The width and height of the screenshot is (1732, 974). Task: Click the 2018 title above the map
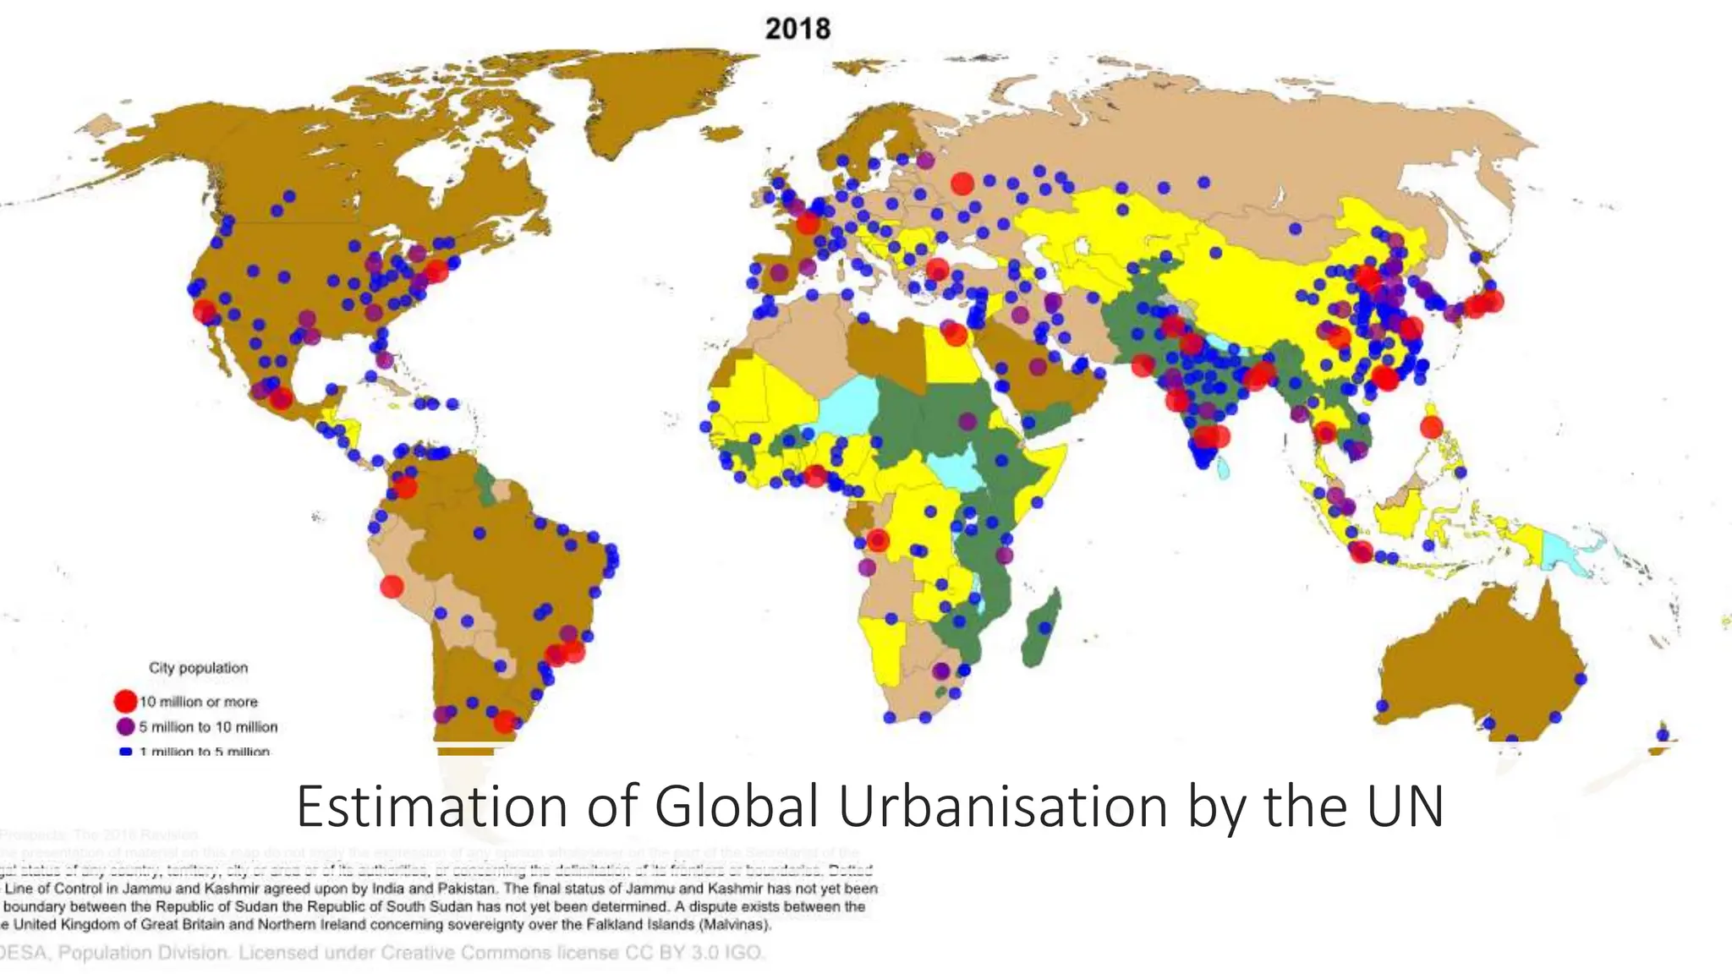(x=797, y=29)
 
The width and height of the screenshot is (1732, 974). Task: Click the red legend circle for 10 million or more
(x=125, y=701)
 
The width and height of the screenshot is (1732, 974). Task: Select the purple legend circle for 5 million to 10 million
(x=125, y=726)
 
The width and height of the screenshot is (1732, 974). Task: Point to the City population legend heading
(x=199, y=668)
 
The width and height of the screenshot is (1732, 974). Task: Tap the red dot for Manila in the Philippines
(x=1431, y=427)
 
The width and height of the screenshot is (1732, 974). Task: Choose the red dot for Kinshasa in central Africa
(x=878, y=540)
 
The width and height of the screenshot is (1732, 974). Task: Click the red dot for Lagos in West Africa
(x=814, y=476)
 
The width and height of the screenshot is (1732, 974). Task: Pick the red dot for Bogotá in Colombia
(x=406, y=487)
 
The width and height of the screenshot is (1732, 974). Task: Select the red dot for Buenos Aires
(x=505, y=721)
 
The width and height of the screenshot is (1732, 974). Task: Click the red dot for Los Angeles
(x=205, y=310)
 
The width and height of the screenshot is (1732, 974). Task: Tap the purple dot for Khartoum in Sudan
(x=967, y=420)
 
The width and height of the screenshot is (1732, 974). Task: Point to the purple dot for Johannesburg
(x=940, y=671)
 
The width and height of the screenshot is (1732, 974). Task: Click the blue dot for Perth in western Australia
(x=1382, y=705)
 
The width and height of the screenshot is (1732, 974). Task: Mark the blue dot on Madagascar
(x=1045, y=628)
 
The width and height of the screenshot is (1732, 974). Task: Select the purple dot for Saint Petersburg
(x=925, y=160)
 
